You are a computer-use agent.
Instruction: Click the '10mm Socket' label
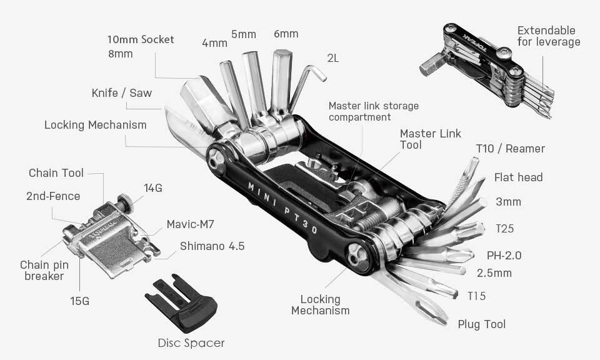pyautogui.click(x=141, y=39)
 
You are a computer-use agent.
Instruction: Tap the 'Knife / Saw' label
pyautogui.click(x=121, y=93)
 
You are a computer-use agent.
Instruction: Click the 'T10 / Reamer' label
pyautogui.click(x=510, y=149)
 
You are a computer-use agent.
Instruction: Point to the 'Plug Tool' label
pyautogui.click(x=481, y=324)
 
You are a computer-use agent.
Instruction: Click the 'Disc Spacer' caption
pyautogui.click(x=191, y=342)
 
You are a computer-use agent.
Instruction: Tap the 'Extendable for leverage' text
pyautogui.click(x=548, y=36)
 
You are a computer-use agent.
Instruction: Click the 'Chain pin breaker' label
pyautogui.click(x=44, y=270)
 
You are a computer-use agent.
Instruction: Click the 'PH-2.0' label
pyautogui.click(x=504, y=255)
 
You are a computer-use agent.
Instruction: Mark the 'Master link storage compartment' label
pyautogui.click(x=373, y=111)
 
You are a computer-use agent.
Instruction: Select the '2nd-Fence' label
pyautogui.click(x=53, y=196)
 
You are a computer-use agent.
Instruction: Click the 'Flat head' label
pyautogui.click(x=518, y=177)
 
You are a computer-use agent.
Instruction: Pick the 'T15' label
pyautogui.click(x=476, y=296)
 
